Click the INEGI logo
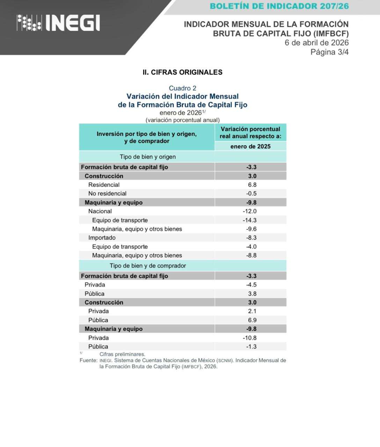(58, 23)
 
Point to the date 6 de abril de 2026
(316, 43)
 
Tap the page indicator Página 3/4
(329, 52)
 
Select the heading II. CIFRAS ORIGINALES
(182, 72)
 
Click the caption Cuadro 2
(182, 88)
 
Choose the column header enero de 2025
(250, 146)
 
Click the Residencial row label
(104, 185)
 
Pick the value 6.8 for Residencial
(252, 185)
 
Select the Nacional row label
(100, 211)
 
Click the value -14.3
(250, 220)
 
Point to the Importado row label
(102, 238)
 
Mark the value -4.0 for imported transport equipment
(251, 247)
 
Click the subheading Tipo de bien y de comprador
(147, 266)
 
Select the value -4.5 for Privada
(251, 285)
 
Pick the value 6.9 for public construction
(252, 320)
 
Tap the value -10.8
(250, 338)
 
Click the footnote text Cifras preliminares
(122, 354)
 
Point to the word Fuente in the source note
(88, 360)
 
